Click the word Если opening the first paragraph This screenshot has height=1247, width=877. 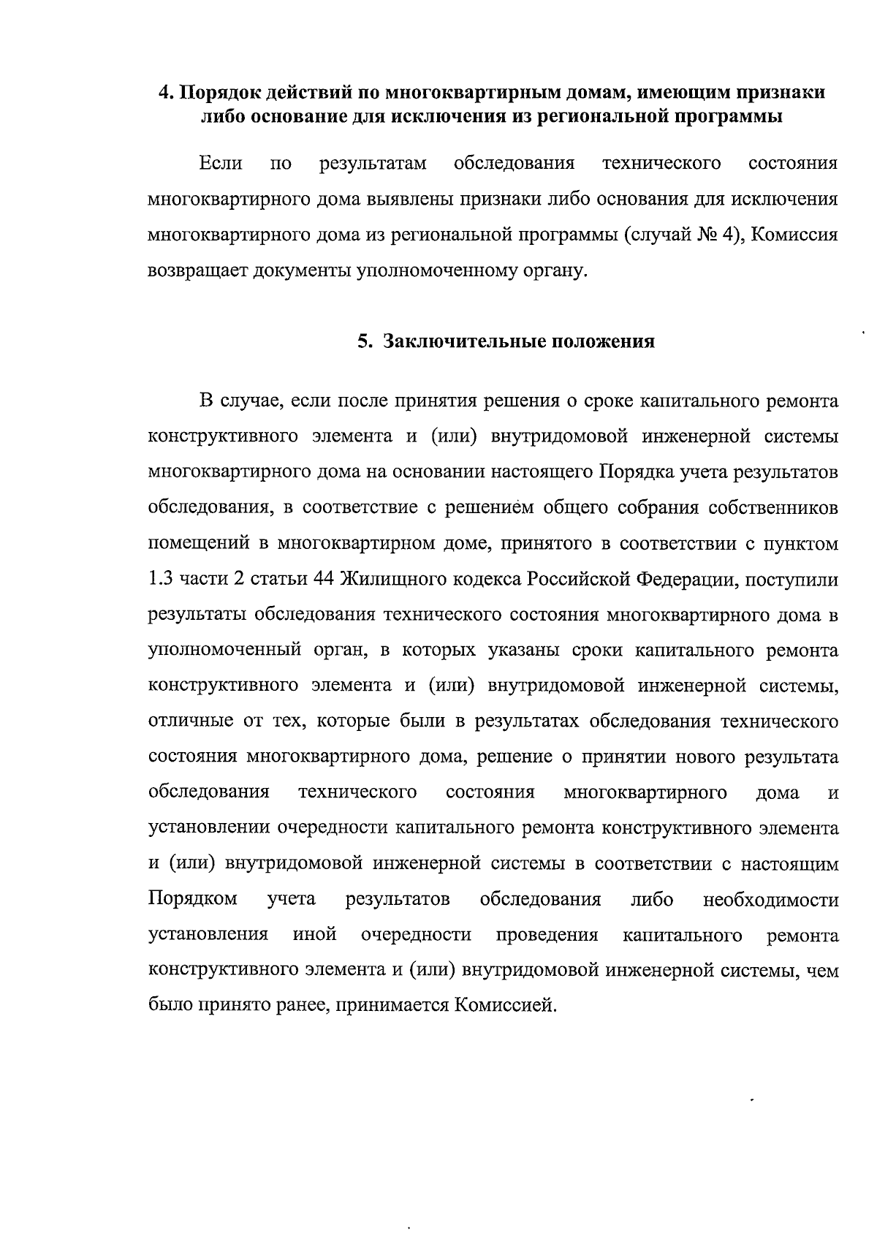(x=220, y=163)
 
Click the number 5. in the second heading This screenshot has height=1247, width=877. (x=365, y=341)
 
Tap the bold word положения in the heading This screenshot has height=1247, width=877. (x=600, y=341)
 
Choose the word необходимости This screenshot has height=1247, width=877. (x=770, y=899)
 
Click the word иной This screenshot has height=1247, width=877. (x=314, y=935)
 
